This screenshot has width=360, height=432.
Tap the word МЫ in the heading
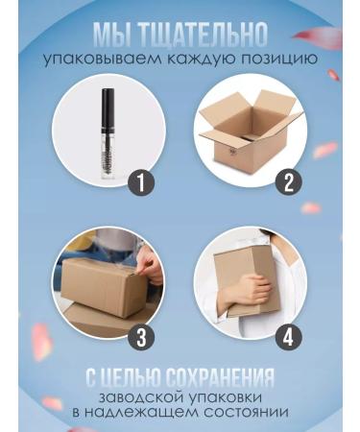pyautogui.click(x=112, y=36)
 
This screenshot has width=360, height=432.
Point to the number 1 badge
pyautogui.click(x=142, y=183)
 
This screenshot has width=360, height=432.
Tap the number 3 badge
pyautogui.click(x=141, y=336)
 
